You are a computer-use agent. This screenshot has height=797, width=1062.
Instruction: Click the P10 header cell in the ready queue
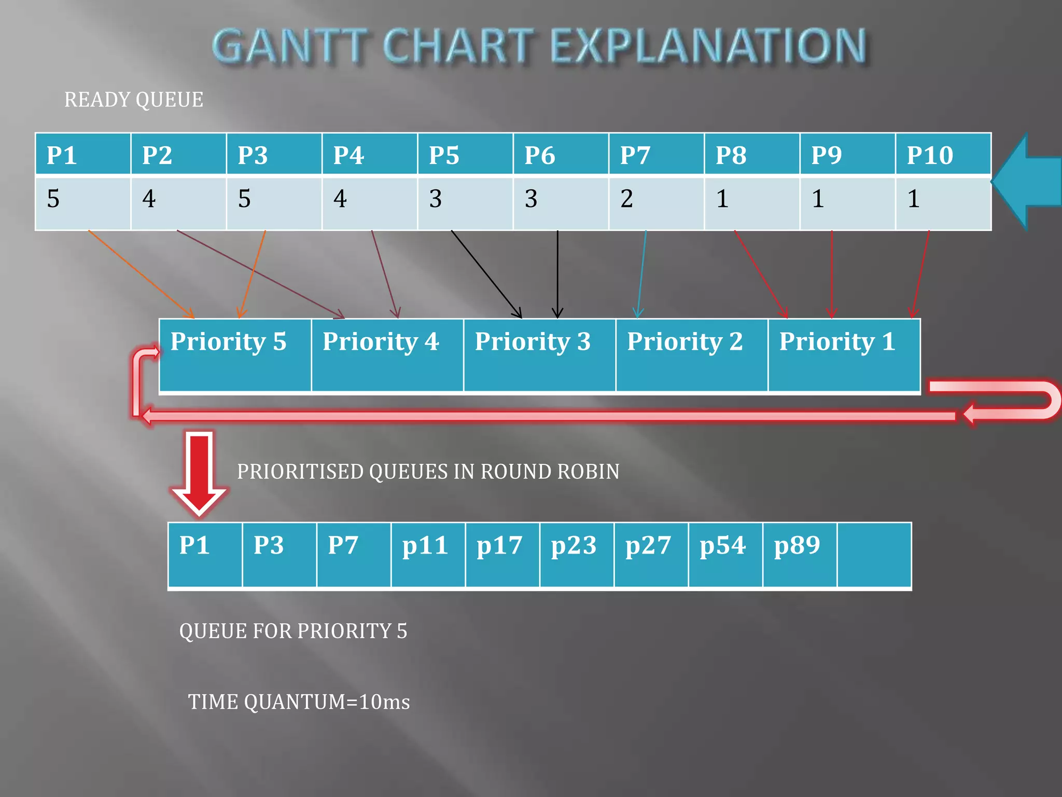(943, 154)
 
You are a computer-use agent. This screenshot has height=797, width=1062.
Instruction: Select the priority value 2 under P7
(655, 202)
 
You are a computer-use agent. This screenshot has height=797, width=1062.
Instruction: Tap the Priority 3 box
(539, 355)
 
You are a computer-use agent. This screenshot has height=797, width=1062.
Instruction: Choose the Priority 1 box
(844, 355)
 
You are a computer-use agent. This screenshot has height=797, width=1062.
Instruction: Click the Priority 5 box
(235, 355)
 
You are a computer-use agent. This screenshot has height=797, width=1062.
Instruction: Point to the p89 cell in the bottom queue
(799, 554)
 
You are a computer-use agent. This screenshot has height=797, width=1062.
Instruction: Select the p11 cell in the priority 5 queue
(428, 554)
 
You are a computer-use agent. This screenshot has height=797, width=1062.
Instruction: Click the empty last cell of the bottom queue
(874, 554)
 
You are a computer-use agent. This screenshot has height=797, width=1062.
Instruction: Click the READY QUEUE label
(133, 100)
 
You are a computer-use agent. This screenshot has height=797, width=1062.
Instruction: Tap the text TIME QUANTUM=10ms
(299, 702)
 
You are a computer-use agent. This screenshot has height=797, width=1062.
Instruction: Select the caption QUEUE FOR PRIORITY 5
(293, 631)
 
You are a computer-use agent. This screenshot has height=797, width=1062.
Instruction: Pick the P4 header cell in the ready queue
(369, 154)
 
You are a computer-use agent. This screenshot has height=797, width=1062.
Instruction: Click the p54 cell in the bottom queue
(725, 554)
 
